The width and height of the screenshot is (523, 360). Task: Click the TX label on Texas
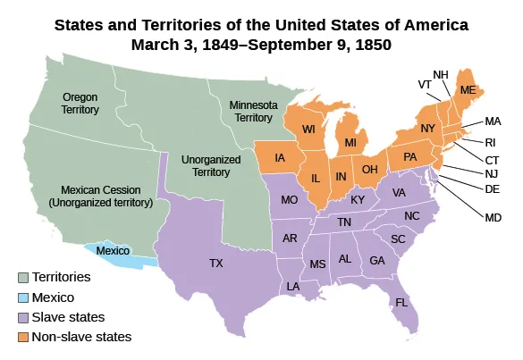coord(215,264)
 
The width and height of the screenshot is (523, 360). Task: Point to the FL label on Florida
coord(401,302)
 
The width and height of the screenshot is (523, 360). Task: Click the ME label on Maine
coord(467,90)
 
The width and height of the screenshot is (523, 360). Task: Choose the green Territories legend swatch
coord(22,277)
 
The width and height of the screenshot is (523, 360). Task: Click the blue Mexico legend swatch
coord(22,297)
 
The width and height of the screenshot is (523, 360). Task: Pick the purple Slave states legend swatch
coord(22,317)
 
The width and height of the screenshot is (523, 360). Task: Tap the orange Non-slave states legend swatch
coord(22,338)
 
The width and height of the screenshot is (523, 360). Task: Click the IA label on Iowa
coord(280,158)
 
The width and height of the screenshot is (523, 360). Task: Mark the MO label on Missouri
coord(289,201)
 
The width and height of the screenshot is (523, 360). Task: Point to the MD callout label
coord(491,217)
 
